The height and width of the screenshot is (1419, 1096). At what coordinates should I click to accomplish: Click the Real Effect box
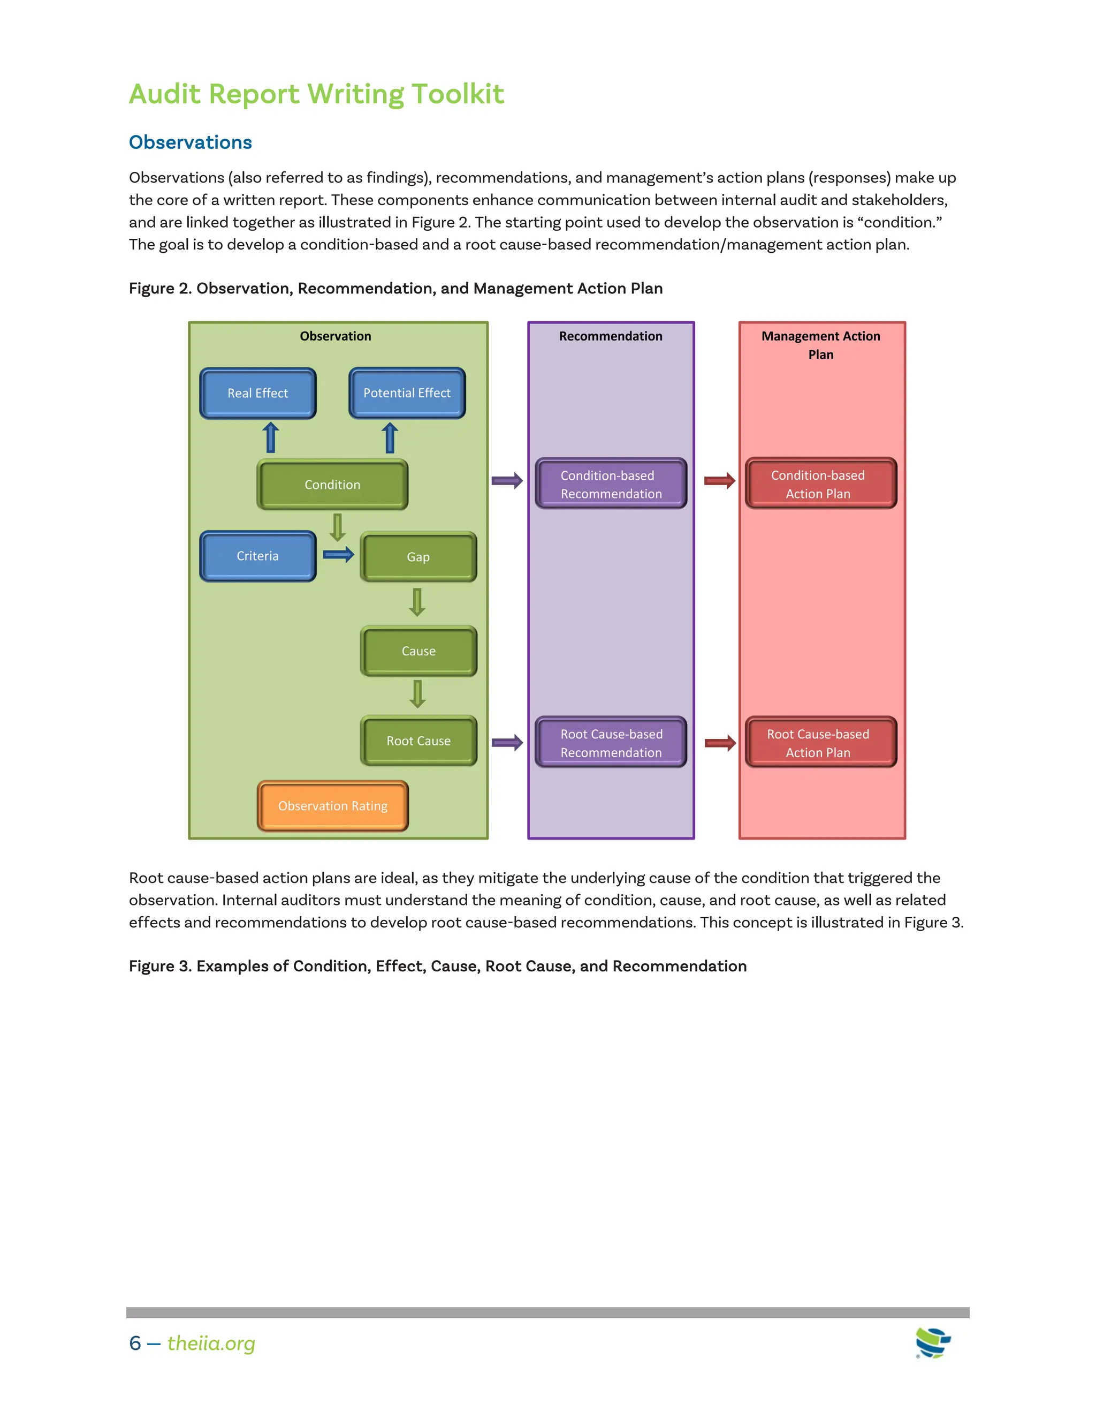pyautogui.click(x=258, y=393)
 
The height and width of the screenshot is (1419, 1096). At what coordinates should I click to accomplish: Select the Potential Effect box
pyautogui.click(x=407, y=393)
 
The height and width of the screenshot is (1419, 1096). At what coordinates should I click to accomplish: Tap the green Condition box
pyautogui.click(x=332, y=485)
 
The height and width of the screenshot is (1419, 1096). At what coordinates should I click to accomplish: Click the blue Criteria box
pyautogui.click(x=258, y=556)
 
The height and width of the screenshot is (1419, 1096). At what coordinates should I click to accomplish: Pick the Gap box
pyautogui.click(x=418, y=557)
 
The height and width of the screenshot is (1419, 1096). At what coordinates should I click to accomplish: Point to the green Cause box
pyautogui.click(x=418, y=651)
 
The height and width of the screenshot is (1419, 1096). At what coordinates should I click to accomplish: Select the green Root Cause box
pyautogui.click(x=418, y=741)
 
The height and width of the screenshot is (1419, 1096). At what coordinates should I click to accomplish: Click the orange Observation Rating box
pyautogui.click(x=332, y=806)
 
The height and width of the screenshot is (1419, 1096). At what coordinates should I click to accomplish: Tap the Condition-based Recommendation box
pyautogui.click(x=611, y=484)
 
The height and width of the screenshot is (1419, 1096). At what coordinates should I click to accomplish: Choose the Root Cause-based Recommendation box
pyautogui.click(x=611, y=743)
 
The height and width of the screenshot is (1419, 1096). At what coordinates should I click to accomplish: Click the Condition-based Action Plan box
pyautogui.click(x=821, y=484)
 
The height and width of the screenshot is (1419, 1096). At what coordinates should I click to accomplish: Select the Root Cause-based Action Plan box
pyautogui.click(x=821, y=743)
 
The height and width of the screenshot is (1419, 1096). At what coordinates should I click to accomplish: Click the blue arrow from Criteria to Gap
pyautogui.click(x=338, y=554)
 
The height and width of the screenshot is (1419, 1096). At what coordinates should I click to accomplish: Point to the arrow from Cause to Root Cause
pyautogui.click(x=417, y=694)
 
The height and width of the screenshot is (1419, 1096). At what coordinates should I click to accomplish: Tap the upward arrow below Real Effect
pyautogui.click(x=271, y=437)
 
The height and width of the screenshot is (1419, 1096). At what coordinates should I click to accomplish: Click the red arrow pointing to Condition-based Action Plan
pyautogui.click(x=719, y=481)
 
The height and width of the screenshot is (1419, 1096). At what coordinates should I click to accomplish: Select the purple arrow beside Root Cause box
pyautogui.click(x=507, y=743)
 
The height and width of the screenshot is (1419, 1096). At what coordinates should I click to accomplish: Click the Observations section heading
pyautogui.click(x=190, y=142)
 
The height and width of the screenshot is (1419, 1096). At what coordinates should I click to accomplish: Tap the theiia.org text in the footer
pyautogui.click(x=211, y=1343)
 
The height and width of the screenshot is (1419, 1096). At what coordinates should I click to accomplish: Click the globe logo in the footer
pyautogui.click(x=933, y=1342)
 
